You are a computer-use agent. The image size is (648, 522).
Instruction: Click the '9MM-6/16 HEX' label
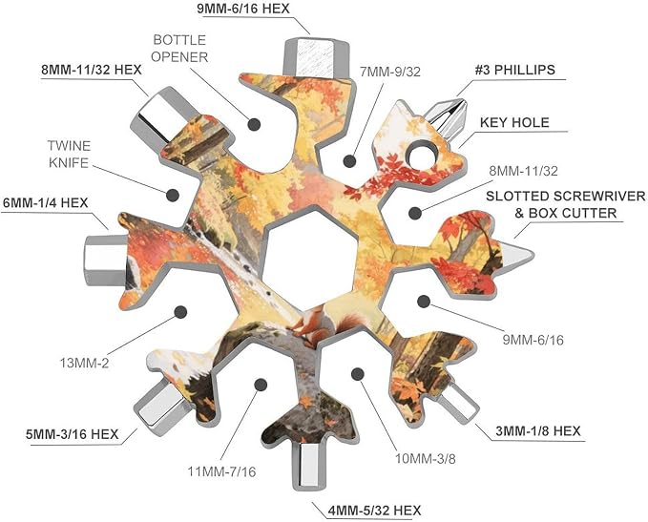(x=243, y=9)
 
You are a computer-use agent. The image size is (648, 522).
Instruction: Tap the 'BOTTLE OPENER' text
(x=179, y=49)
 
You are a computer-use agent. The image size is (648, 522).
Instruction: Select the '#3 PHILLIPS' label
(x=514, y=70)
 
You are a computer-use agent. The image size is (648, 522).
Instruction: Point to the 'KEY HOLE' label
(x=514, y=122)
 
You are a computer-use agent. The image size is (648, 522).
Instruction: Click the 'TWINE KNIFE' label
(x=69, y=155)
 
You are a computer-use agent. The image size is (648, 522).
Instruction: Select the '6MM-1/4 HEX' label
(x=46, y=203)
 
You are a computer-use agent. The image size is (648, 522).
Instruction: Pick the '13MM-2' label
(x=84, y=364)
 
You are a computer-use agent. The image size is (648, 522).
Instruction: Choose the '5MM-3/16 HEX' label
(x=73, y=434)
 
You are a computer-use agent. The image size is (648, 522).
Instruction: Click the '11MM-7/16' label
(x=222, y=471)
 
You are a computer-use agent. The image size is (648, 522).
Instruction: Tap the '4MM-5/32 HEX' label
(x=374, y=511)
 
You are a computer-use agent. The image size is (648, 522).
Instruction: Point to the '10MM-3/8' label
(x=426, y=458)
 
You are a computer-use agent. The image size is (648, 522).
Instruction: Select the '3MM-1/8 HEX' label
(x=538, y=431)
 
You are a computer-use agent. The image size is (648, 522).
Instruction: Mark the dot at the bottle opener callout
(x=254, y=124)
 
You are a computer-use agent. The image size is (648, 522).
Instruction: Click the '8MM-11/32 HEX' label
(x=92, y=70)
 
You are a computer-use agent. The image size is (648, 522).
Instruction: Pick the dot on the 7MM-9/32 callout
(x=349, y=160)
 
